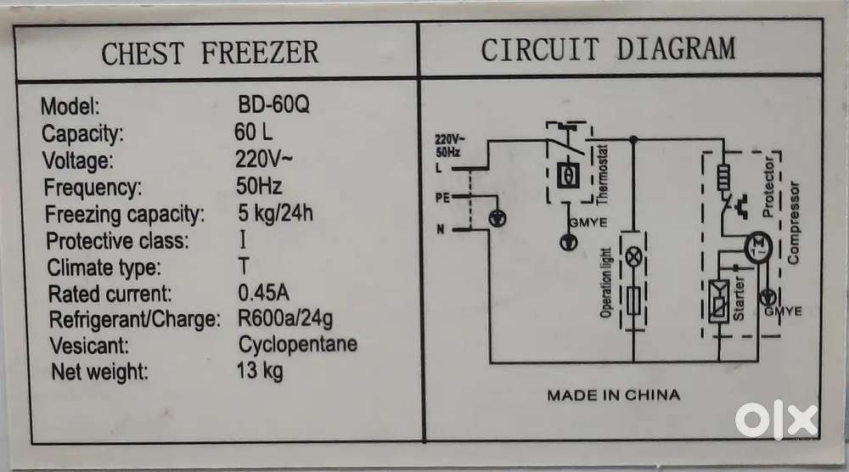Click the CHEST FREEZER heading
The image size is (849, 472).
coord(210,53)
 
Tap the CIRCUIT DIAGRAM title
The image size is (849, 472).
coord(608,49)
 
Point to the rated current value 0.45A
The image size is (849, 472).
coord(264,294)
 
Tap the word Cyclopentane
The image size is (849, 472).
coord(297,345)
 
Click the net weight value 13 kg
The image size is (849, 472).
coord(261,371)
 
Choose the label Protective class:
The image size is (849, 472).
coord(117,240)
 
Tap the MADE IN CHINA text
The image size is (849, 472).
coord(612,395)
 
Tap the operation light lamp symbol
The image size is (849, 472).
coord(632,256)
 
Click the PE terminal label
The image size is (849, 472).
coord(442,197)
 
